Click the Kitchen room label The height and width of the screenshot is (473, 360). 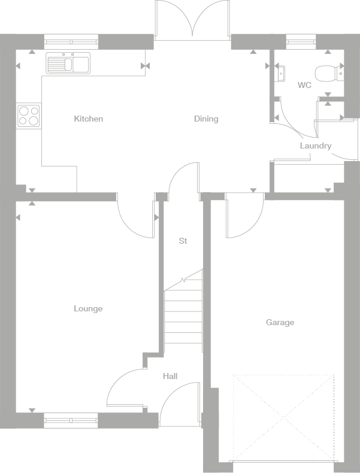[88, 119]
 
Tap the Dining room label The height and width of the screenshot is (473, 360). [206, 119]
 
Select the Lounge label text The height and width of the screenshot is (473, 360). [88, 309]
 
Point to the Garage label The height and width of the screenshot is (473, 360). [280, 323]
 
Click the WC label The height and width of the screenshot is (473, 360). [304, 86]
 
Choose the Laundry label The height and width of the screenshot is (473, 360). [315, 146]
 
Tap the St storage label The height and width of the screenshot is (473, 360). [183, 241]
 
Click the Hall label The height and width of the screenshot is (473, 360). [170, 377]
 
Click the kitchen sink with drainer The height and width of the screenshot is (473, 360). [68, 63]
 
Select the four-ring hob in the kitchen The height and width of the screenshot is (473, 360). [29, 115]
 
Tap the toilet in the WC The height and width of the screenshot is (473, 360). [327, 73]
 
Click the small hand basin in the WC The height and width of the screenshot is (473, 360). [280, 74]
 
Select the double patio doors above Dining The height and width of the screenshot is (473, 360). [192, 20]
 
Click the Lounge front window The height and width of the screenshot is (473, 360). [71, 420]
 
